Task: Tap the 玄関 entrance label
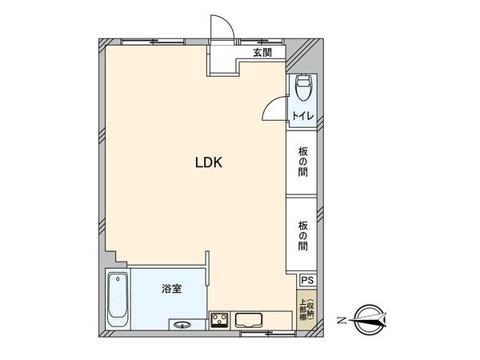[262, 54]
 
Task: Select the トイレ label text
[302, 117]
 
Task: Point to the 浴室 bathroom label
[171, 288]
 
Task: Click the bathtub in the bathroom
[117, 299]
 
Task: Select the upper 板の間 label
[304, 161]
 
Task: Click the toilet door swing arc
[274, 108]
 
